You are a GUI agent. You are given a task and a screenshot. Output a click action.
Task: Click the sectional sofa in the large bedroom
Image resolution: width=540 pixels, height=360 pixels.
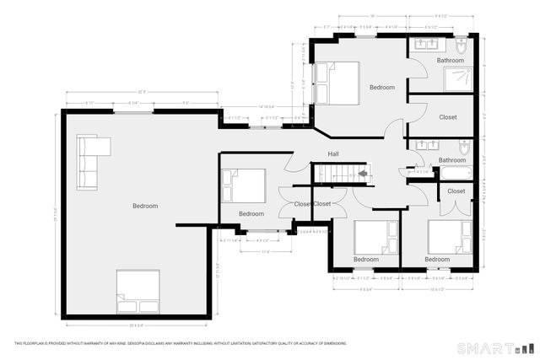pos(90,160)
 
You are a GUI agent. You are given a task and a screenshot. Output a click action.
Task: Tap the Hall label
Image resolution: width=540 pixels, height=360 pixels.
pos(334,153)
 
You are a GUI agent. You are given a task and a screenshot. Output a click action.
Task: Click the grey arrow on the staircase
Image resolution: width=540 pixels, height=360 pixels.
pos(362,174)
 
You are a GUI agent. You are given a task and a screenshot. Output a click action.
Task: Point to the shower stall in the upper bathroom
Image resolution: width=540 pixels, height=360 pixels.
pos(460,80)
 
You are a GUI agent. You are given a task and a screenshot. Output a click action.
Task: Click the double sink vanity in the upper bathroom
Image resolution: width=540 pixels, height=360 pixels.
pos(427,44)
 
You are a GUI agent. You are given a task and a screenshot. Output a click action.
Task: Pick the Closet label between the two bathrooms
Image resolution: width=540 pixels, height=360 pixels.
pos(448,117)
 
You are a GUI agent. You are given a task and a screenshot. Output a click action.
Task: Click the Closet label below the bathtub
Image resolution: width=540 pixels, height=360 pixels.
pos(456,191)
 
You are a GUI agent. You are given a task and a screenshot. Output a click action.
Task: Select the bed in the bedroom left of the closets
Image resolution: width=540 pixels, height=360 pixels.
pos(244,185)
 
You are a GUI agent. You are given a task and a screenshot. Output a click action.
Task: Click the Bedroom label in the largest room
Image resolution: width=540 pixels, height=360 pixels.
pos(145,206)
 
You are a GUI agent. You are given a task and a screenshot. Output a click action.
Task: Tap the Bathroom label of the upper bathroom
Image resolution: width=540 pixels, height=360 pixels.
pos(450,61)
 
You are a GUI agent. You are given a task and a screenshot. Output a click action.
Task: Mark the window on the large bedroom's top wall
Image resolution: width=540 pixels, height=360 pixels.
pos(128,111)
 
